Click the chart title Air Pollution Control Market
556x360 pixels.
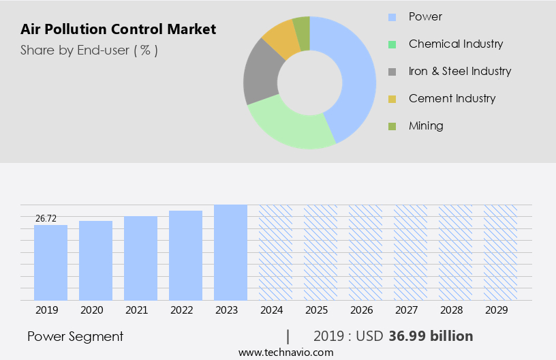pos(119,29)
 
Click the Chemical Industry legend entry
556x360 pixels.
pos(455,44)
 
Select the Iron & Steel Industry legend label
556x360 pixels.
pos(459,71)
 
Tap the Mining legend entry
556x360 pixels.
pos(426,125)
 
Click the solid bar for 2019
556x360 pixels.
pos(51,262)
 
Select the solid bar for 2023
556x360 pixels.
pos(230,252)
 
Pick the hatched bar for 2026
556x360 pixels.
pos(365,252)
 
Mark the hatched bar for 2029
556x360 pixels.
pos(500,252)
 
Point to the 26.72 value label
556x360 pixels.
pos(46,218)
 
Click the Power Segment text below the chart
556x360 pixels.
pos(76,336)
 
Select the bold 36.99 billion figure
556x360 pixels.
pos(431,336)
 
